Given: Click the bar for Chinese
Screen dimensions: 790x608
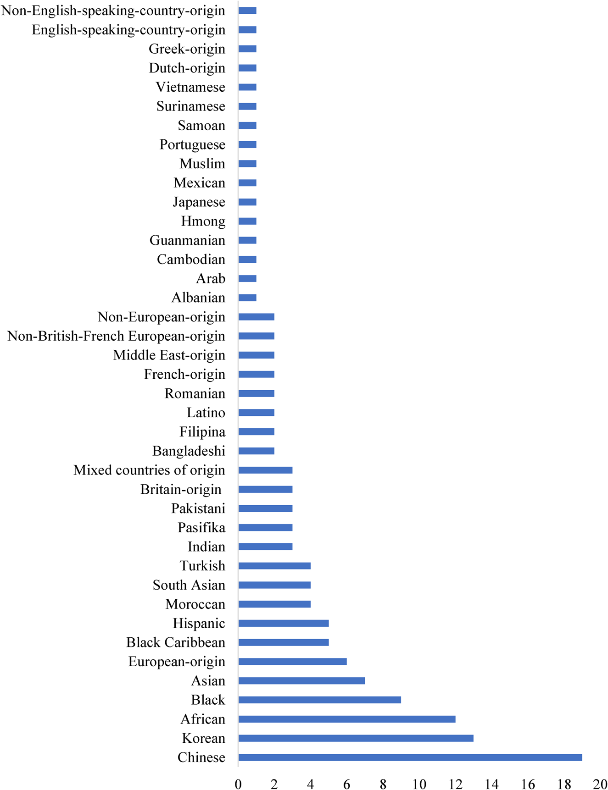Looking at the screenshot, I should point(410,757).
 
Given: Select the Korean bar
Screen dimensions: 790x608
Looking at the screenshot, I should point(356,738).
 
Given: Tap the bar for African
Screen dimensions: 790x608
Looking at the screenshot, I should point(346,719).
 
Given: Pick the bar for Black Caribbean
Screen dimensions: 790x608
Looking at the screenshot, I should point(283,642).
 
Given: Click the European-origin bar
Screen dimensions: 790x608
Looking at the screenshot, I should point(292,661).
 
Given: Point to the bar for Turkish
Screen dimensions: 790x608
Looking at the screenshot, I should point(274,566).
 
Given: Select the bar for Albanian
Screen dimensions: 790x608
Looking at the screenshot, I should point(247,298).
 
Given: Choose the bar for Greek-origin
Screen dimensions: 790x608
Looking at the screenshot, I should point(247,49).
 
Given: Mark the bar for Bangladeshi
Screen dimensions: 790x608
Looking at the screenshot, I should point(256,451).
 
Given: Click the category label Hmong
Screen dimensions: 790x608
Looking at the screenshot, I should point(203,221).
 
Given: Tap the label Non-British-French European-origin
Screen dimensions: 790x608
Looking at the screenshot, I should point(116,336).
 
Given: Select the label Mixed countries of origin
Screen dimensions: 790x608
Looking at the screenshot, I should point(149,470).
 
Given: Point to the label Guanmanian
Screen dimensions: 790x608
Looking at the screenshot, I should point(187,240).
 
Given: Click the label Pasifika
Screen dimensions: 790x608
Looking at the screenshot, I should point(201,528).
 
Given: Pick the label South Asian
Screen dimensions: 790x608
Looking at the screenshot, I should point(189,585).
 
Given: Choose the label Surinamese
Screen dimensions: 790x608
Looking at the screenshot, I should point(190,106).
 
